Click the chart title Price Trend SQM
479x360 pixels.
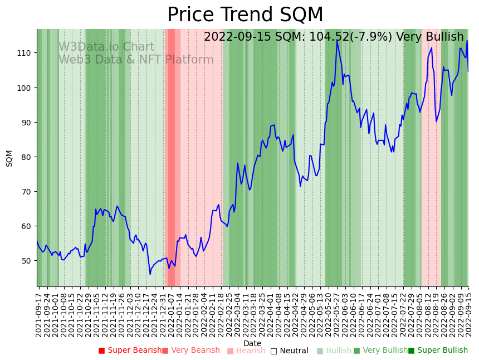click(245, 15)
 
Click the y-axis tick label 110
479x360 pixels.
click(26, 53)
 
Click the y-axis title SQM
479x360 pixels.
click(9, 158)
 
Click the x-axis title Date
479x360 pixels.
click(252, 343)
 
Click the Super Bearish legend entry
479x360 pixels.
click(130, 351)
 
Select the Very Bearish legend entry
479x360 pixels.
click(191, 351)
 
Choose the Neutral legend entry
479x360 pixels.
click(290, 351)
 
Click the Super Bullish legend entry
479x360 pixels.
click(438, 351)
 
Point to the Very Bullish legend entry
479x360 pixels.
click(381, 351)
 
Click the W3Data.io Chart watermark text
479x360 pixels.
click(106, 47)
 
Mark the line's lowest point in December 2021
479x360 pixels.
click(150, 274)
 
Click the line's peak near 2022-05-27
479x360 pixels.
click(336, 41)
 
